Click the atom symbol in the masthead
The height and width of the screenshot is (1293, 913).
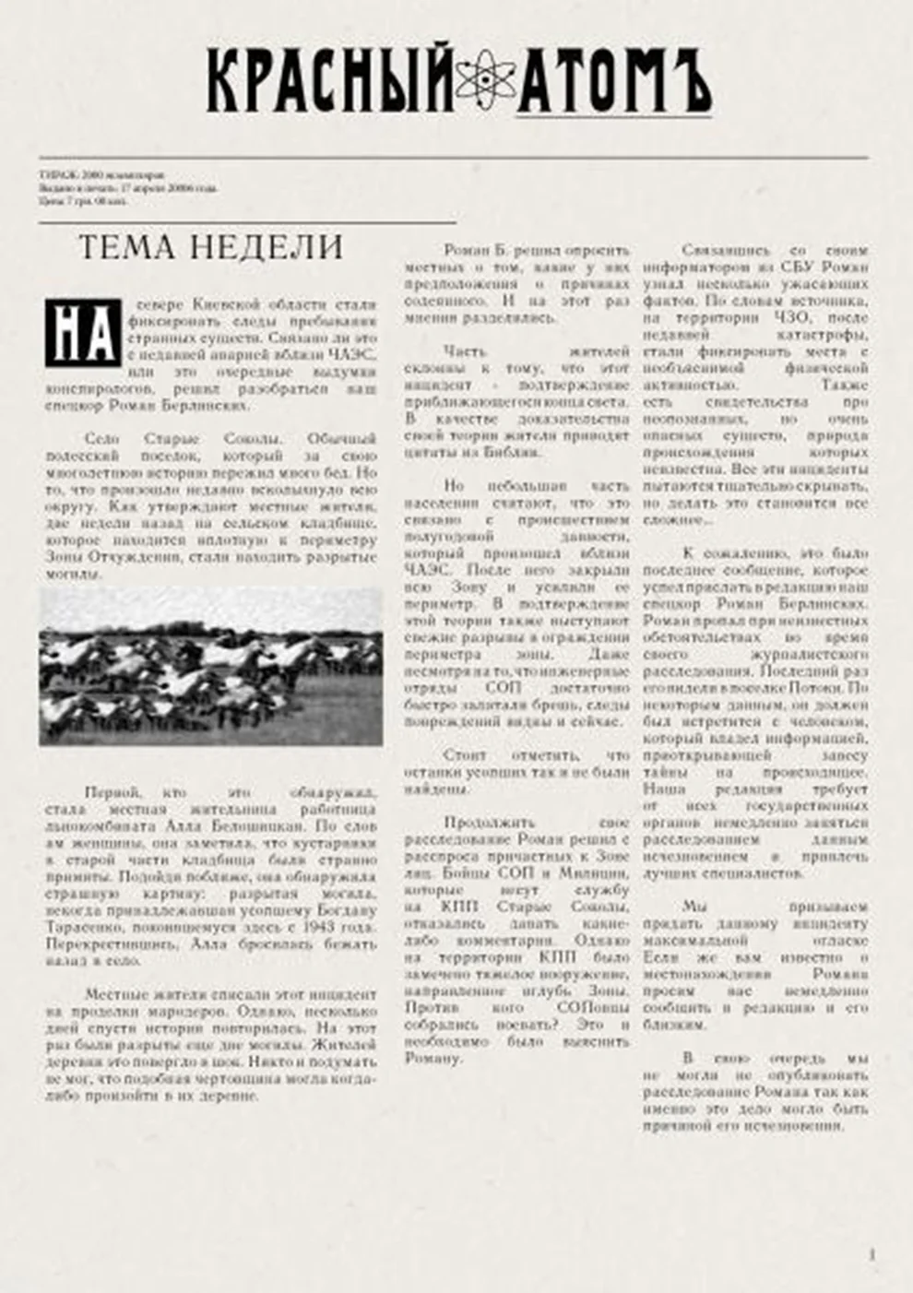pyautogui.click(x=486, y=81)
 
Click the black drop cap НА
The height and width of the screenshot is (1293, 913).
pyautogui.click(x=83, y=333)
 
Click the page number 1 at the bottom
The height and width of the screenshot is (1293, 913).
pyautogui.click(x=871, y=1254)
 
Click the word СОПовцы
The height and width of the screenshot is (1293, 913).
pyautogui.click(x=593, y=1008)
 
